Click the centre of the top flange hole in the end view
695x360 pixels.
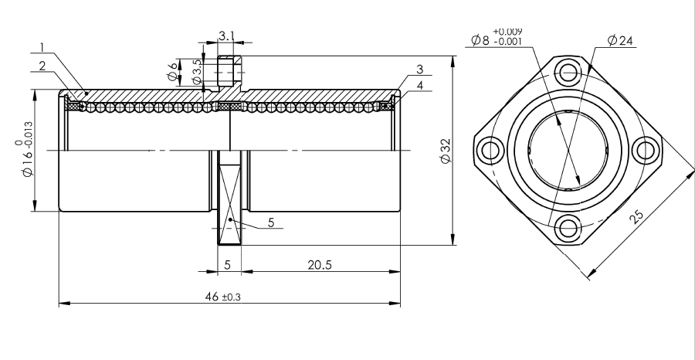[568, 73]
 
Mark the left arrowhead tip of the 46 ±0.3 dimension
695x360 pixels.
[59, 304]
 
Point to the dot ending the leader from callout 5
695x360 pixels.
[230, 219]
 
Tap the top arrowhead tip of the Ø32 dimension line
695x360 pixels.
[453, 56]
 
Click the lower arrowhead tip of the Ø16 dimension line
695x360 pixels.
[35, 211]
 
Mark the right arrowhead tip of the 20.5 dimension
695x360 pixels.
[400, 271]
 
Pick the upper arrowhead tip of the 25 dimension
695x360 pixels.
[694, 170]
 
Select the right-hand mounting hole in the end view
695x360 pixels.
[645, 151]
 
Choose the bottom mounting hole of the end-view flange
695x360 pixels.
[568, 229]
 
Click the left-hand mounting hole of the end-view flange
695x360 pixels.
[491, 151]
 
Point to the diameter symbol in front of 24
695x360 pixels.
[612, 41]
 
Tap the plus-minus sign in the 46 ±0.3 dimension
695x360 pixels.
[224, 297]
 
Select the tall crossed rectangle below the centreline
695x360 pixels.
[229, 198]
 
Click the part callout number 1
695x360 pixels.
[42, 47]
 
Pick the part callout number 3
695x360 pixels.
[420, 70]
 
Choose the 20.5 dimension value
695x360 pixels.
[320, 265]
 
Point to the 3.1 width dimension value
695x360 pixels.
[226, 36]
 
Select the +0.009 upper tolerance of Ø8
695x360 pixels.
[508, 32]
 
